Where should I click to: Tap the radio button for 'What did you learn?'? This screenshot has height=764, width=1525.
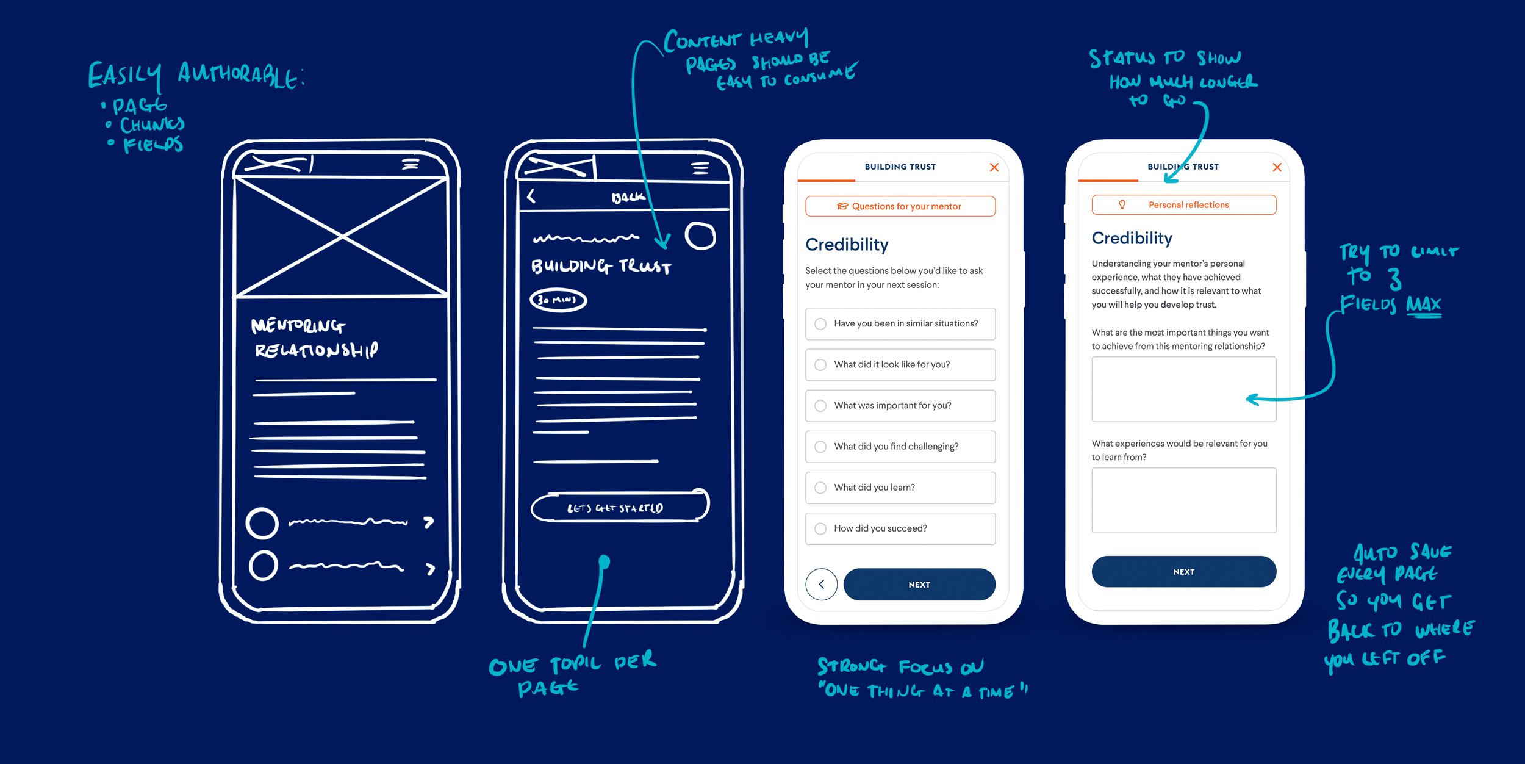820,488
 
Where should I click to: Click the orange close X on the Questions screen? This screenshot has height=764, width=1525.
994,167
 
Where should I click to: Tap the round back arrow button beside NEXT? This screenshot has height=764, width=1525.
821,585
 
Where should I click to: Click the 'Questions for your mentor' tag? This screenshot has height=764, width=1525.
900,206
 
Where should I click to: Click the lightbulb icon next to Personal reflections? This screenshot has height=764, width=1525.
1122,205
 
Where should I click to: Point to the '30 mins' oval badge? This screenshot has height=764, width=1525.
558,300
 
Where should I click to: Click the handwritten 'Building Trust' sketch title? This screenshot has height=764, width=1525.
601,267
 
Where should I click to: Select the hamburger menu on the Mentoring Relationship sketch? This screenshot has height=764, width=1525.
411,164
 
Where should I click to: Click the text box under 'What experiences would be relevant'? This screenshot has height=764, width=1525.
1183,500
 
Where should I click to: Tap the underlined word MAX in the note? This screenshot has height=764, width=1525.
1424,304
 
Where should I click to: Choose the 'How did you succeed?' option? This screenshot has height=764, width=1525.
900,528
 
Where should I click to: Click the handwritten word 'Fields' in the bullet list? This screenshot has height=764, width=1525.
153,145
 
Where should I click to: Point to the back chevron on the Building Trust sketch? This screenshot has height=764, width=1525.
531,196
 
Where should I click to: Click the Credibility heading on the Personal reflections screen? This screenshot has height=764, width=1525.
1132,238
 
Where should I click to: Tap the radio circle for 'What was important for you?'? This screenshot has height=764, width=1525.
820,406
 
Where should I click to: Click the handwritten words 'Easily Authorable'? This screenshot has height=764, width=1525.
195,76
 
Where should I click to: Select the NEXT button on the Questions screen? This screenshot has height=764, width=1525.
919,585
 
